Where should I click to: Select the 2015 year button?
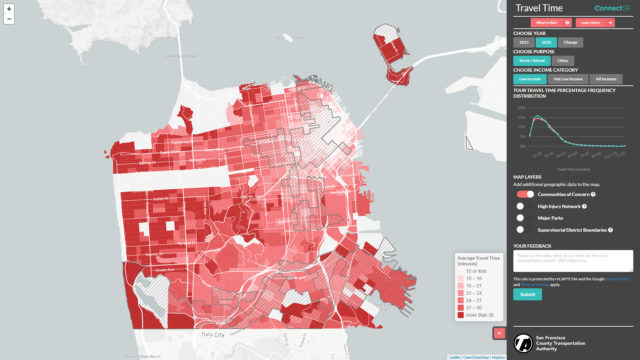coord(524,42)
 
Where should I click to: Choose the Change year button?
coord(571,42)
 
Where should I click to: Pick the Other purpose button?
coord(561,60)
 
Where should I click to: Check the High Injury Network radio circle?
coord(520,205)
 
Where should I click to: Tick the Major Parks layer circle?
coord(520,217)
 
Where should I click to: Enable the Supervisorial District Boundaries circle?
coord(520,229)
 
